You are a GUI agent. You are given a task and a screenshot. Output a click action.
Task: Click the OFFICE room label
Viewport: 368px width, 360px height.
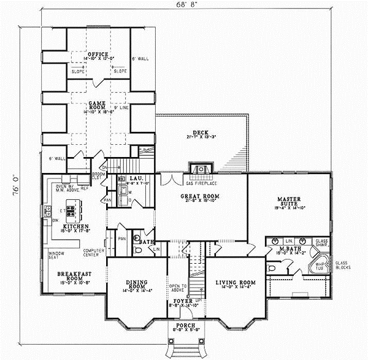tap(98, 55)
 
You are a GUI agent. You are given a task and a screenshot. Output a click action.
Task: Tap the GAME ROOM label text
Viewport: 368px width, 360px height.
tap(98, 104)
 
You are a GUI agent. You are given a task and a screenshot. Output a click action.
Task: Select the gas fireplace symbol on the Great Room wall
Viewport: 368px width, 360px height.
tap(201, 169)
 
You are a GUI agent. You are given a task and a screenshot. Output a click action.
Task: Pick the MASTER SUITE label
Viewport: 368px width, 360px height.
tap(288, 200)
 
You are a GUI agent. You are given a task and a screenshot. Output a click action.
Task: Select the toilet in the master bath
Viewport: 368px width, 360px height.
tap(272, 269)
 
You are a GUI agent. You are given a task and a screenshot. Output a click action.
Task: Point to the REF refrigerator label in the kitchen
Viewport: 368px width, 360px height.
tap(85, 188)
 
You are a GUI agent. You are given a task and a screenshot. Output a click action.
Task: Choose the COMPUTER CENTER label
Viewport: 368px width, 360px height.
tap(95, 252)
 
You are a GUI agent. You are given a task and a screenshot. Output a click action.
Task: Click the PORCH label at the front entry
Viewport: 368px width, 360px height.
tap(185, 324)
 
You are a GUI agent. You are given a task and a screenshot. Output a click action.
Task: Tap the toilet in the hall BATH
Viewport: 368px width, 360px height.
tap(137, 250)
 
